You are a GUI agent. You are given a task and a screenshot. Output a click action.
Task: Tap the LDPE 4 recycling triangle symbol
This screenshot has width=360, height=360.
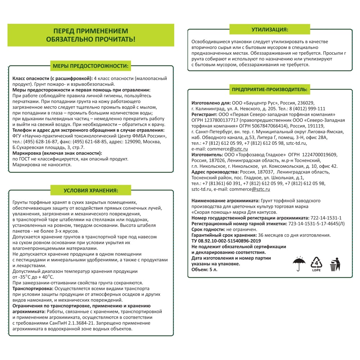[x=316, y=265]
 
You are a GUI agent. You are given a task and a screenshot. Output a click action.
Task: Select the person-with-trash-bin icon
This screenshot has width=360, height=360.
[x=335, y=265]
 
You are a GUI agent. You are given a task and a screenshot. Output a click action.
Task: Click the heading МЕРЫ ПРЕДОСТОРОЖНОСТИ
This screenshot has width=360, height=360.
[x=91, y=66]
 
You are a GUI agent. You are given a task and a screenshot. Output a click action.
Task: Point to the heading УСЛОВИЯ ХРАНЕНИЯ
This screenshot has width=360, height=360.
[x=91, y=190]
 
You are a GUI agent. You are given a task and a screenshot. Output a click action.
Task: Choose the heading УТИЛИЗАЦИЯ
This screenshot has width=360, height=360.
[x=270, y=30]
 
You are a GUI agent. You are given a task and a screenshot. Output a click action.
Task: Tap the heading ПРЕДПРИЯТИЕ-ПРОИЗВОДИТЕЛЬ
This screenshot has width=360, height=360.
[x=270, y=89]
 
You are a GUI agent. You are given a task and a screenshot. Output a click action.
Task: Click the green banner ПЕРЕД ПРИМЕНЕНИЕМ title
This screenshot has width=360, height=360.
[x=91, y=35]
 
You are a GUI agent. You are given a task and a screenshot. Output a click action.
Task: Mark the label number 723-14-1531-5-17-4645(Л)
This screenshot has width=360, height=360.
[x=316, y=224]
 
